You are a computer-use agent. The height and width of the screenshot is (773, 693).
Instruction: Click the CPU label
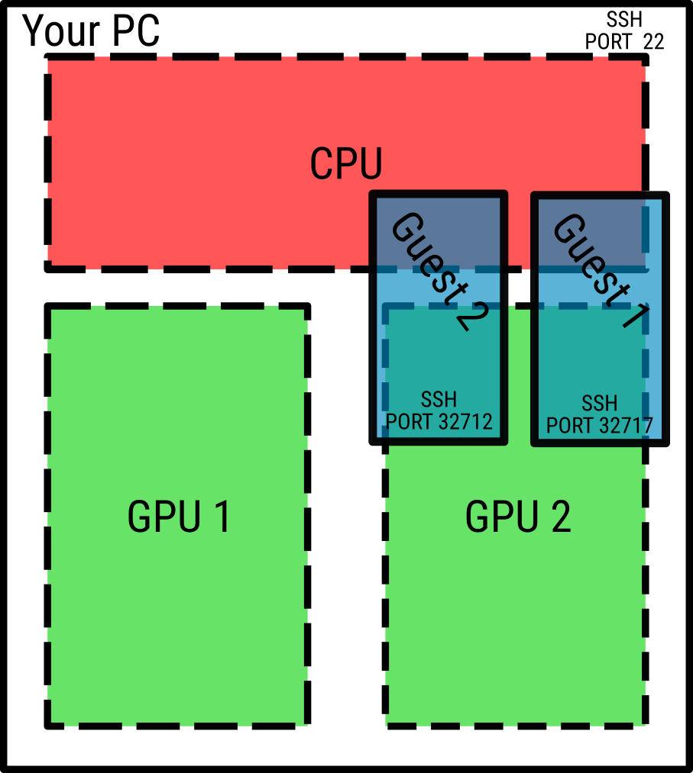coord(345,163)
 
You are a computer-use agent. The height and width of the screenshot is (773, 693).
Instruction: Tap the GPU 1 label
coord(179,518)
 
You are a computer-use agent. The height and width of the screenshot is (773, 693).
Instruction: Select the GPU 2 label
coord(517,518)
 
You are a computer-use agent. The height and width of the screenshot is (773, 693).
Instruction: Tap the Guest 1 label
coord(601,271)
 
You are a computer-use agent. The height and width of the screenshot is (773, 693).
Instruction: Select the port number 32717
coord(626,424)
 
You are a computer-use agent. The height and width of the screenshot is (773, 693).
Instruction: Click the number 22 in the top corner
coord(653,41)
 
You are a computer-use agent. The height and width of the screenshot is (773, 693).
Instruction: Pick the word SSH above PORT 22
coord(624,20)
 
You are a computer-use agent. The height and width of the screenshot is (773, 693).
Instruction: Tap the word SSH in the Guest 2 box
coord(439,400)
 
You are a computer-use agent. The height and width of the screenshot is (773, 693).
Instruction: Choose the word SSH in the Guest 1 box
coord(599,403)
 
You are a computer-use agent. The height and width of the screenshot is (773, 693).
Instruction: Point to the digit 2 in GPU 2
coord(559,518)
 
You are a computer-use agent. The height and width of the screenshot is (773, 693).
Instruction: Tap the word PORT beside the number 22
coord(609,41)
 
